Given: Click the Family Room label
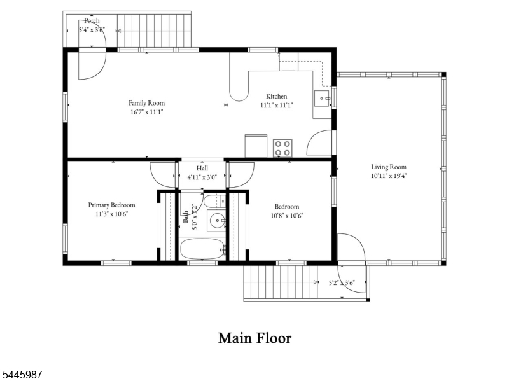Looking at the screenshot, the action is coord(146,103).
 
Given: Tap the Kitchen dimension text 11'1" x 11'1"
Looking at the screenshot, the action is coord(277,105).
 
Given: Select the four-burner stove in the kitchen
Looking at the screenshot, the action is coord(282,148).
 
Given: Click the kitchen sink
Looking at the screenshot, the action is coord(322,99).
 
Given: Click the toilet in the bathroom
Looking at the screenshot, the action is coord(214,202).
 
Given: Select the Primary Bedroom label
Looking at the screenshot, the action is coord(112,205).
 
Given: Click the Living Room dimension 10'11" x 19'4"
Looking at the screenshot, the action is coord(389,176).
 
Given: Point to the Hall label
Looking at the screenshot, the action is coord(202,168).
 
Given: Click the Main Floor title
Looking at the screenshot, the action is coord(255,338).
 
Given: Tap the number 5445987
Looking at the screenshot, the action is coord(22,375).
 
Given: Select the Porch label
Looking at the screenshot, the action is coord(92,21).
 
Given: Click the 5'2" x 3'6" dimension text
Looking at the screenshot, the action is coord(342,282).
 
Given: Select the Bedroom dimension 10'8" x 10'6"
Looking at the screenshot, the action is coord(287,216).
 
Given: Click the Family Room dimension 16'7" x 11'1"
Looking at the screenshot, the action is coord(146,113).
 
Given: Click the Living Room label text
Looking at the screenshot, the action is coord(389,167).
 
